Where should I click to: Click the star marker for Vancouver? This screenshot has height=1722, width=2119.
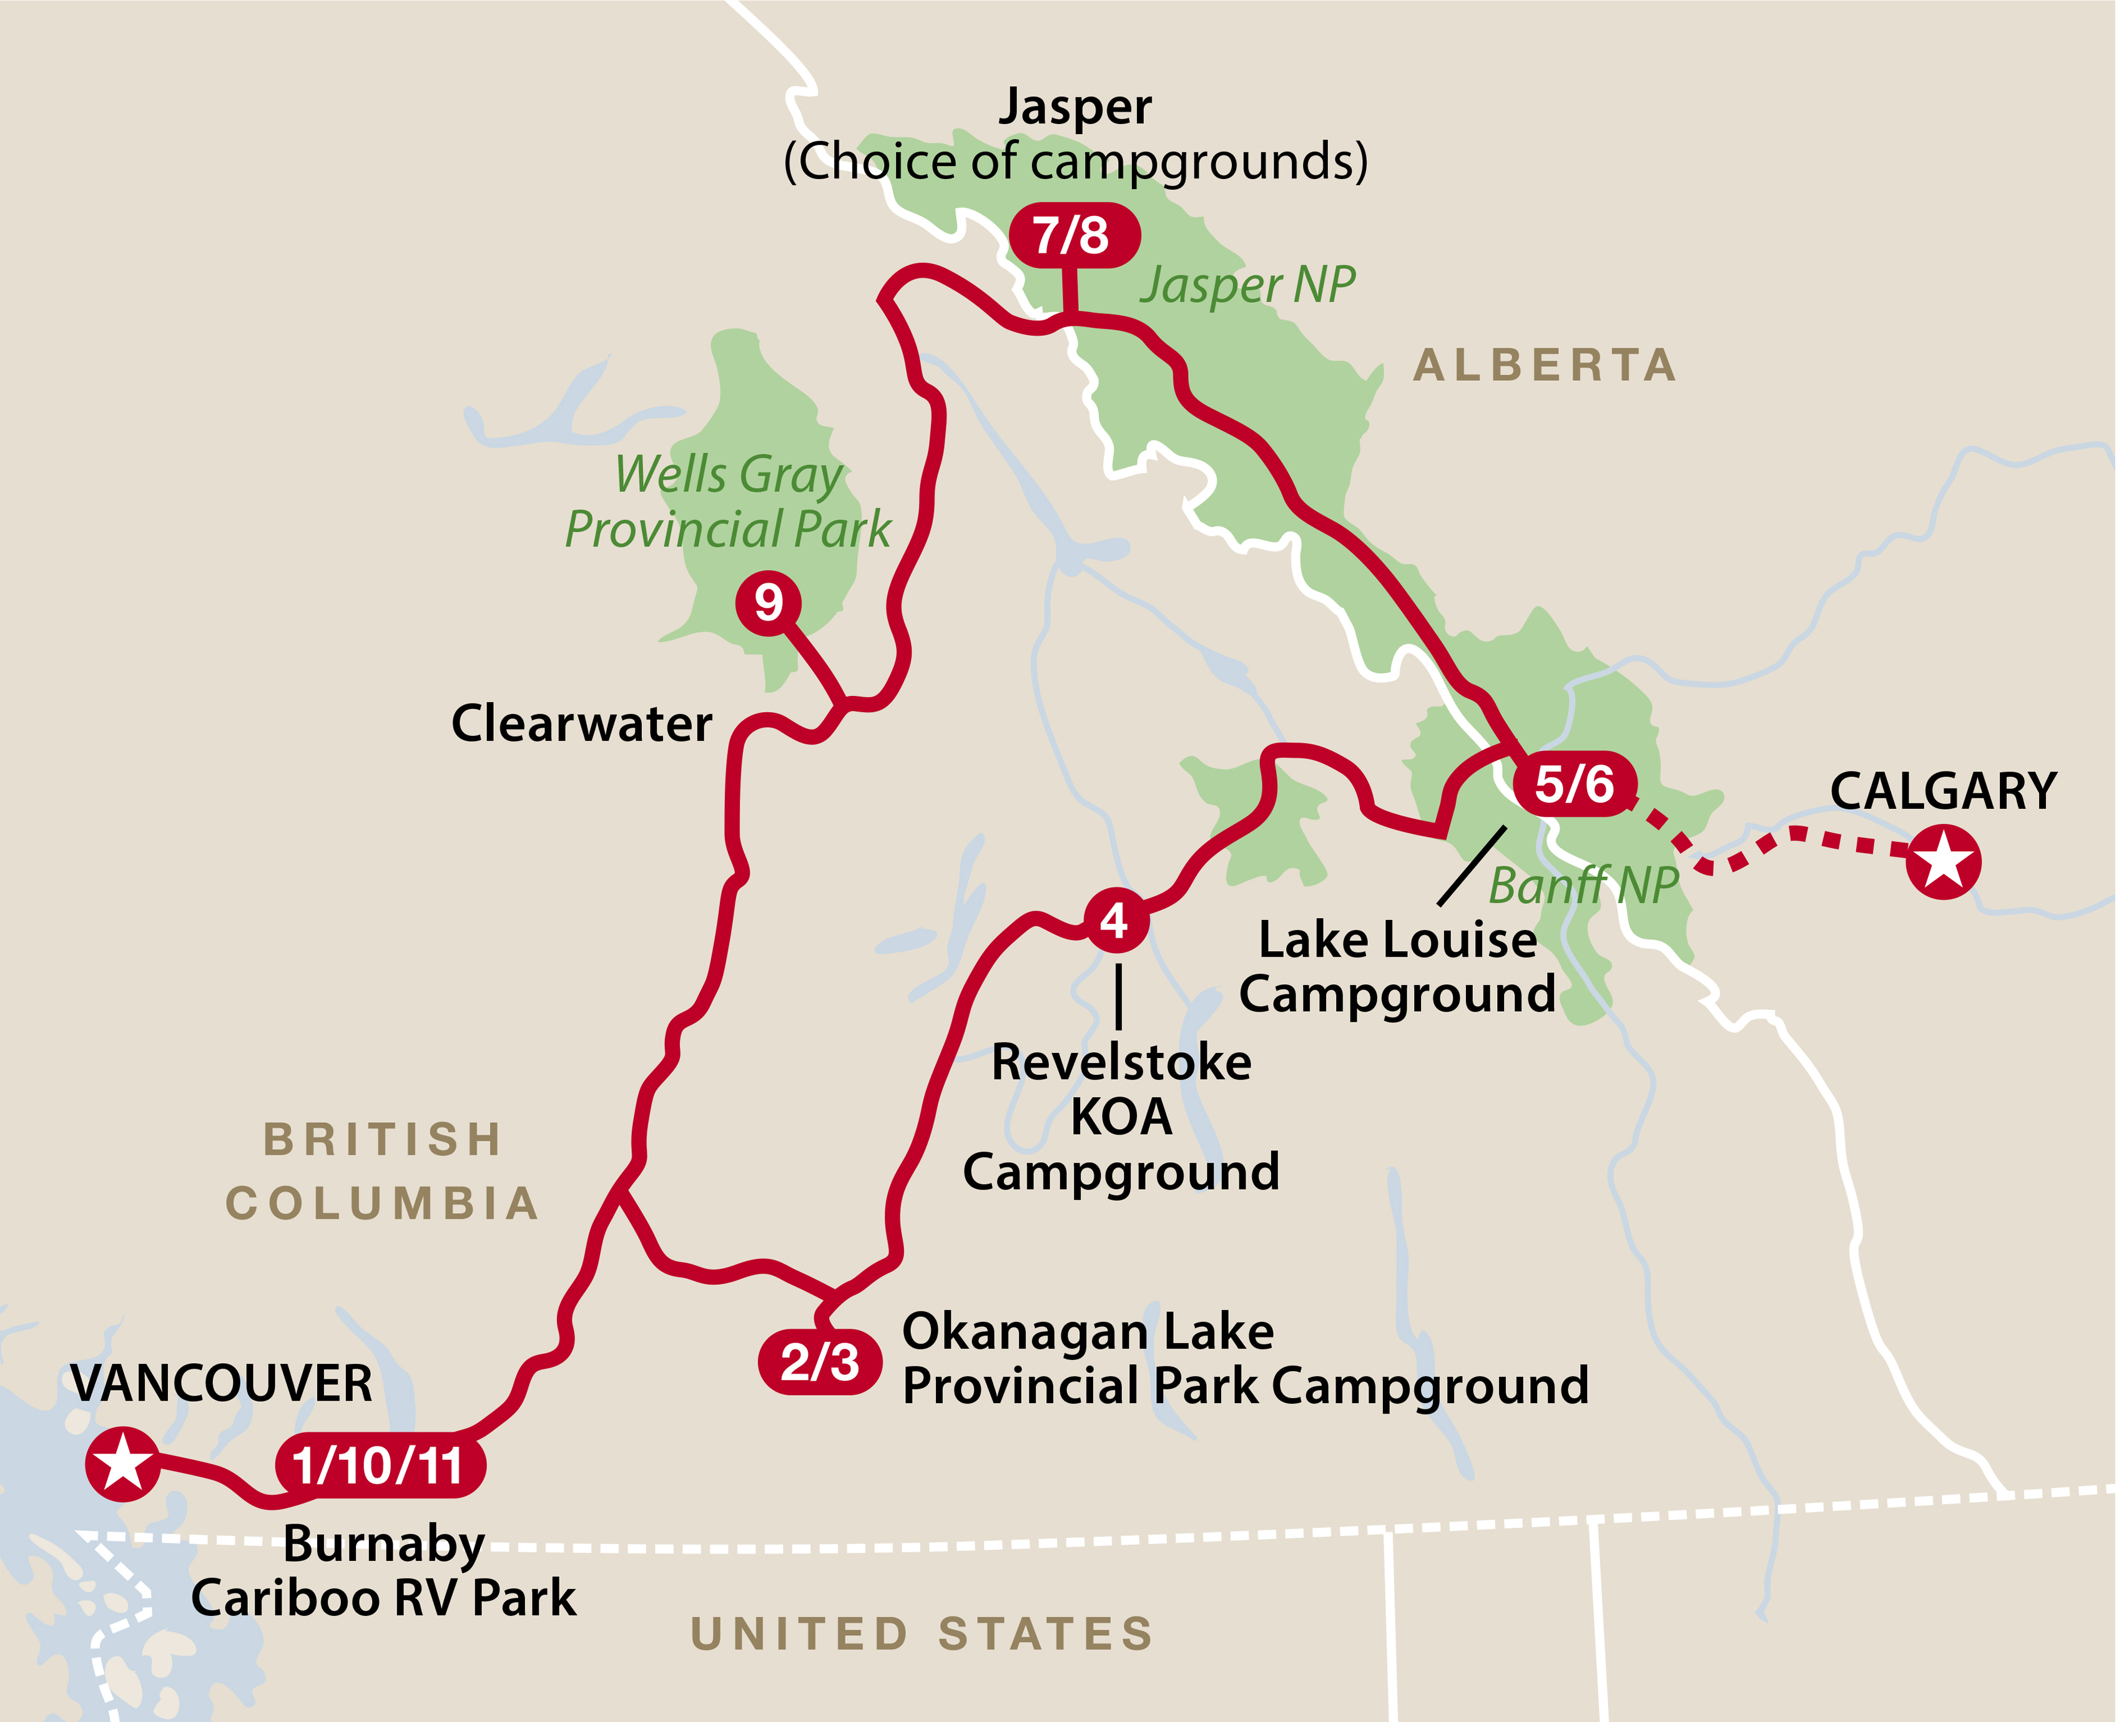point(122,1463)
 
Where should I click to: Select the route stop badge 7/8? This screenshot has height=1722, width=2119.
point(1073,235)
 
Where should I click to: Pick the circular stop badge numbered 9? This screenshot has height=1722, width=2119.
point(768,601)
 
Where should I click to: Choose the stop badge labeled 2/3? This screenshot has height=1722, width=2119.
point(819,1362)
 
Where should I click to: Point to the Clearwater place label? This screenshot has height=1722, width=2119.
point(581,723)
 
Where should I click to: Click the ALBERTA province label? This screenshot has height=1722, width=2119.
point(1545,365)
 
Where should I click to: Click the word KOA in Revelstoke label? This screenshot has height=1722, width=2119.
point(1121,1118)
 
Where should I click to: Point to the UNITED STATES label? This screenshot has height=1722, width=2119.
point(922,1634)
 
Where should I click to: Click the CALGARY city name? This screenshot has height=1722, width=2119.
point(1942,791)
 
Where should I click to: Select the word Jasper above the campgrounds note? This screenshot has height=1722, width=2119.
point(1074,107)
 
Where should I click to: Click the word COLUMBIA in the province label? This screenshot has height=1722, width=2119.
point(383,1204)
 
